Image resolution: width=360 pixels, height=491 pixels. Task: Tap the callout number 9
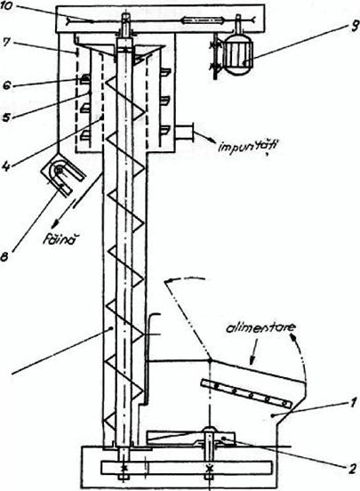[x=354, y=28]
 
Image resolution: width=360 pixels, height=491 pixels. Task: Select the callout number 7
[x=6, y=43]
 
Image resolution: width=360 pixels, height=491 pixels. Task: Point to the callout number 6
[x=6, y=85]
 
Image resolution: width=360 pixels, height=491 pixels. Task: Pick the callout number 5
[x=6, y=118]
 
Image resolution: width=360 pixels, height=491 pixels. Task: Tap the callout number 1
[x=353, y=403]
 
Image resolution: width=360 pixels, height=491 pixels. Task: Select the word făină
[x=60, y=242]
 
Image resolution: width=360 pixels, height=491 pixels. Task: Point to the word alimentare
[x=260, y=328]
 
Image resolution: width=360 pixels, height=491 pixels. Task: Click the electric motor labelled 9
[x=238, y=58]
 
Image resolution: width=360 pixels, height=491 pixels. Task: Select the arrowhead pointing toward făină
[x=56, y=223]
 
